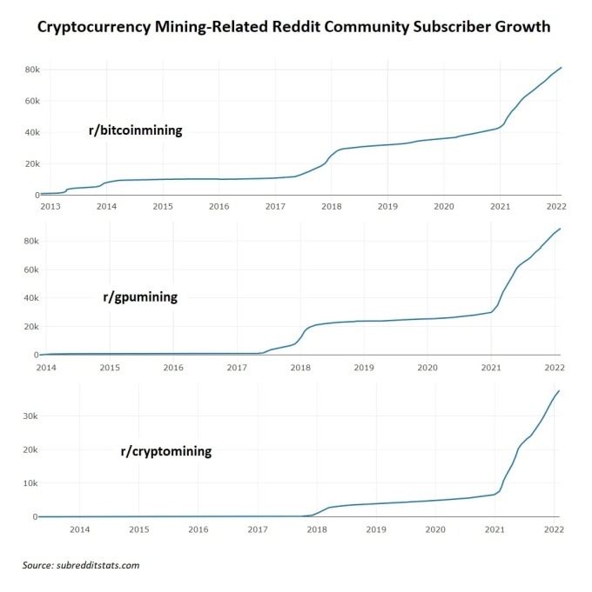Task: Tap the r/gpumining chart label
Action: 139,296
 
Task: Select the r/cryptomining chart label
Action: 165,452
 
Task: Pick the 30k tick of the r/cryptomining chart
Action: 29,416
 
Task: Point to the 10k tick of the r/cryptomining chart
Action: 29,483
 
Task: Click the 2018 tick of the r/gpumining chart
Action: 300,367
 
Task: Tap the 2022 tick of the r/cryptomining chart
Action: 554,529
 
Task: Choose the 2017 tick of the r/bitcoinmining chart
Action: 275,206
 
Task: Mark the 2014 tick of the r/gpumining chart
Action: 47,367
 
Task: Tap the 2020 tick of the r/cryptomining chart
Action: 434,529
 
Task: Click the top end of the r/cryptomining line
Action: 558,391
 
